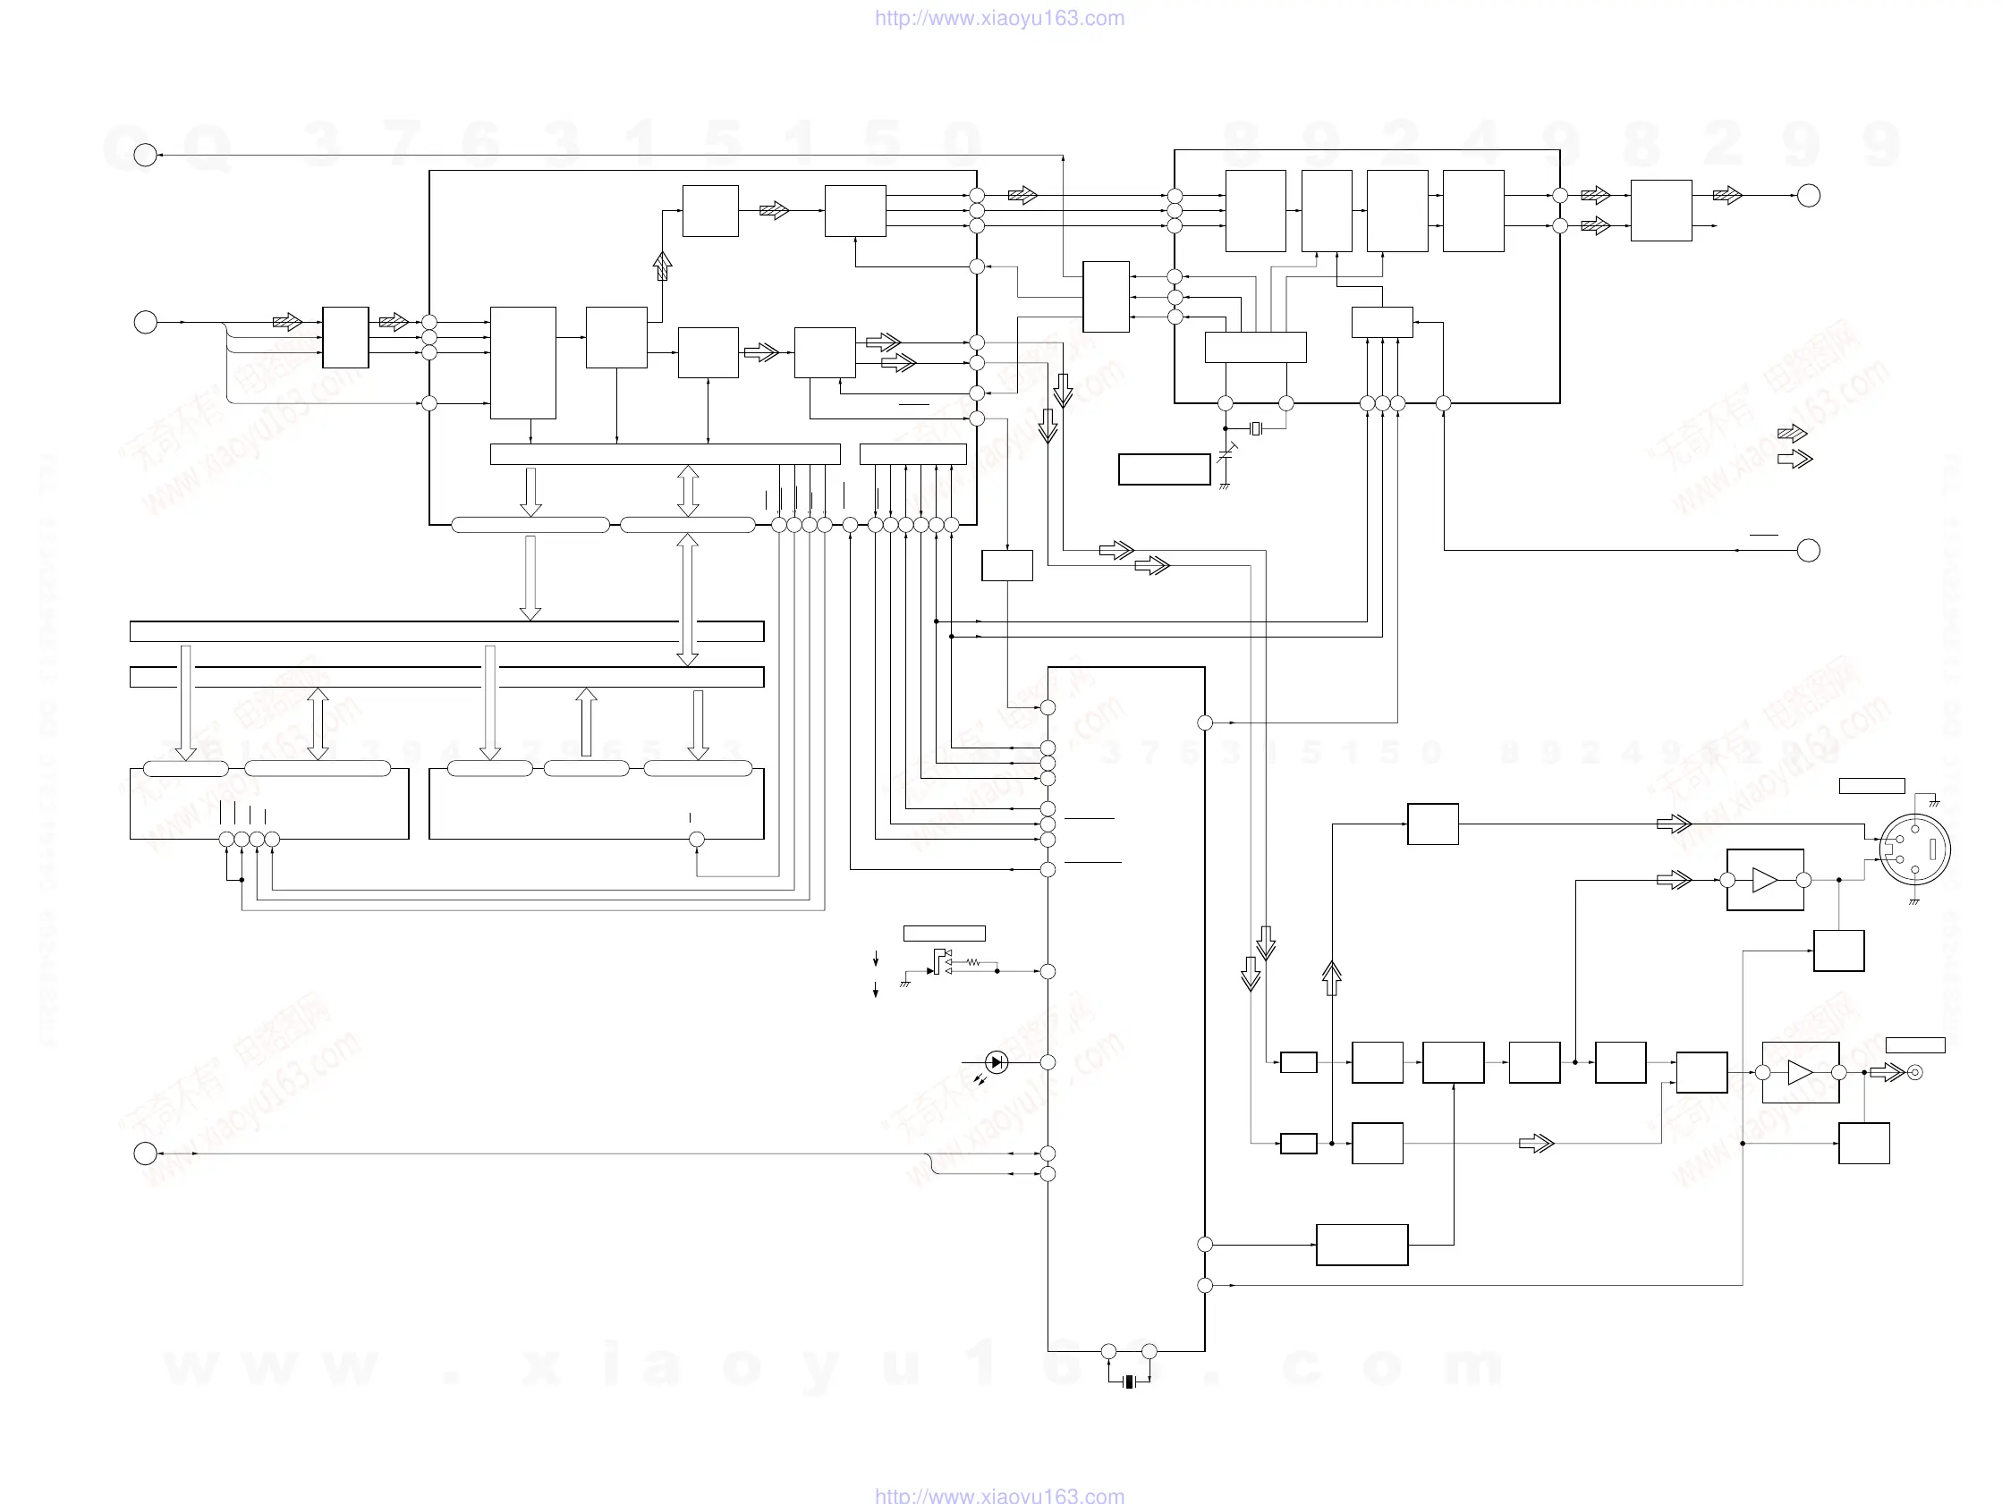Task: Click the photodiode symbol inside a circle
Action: click(x=996, y=1062)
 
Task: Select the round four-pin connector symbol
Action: click(x=1915, y=849)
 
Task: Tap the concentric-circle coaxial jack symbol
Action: click(x=1914, y=1072)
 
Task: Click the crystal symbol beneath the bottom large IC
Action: click(x=1129, y=1381)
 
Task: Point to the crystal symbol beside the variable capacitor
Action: click(x=1255, y=428)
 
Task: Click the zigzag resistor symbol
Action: click(x=973, y=962)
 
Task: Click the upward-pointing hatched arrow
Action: click(x=663, y=266)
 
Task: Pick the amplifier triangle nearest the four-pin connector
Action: click(x=1765, y=880)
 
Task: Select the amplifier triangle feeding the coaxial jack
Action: click(x=1800, y=1072)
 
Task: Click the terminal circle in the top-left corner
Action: click(x=145, y=156)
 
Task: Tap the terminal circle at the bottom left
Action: click(x=145, y=1153)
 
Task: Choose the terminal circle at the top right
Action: click(x=1808, y=196)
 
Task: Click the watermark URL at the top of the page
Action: click(x=999, y=18)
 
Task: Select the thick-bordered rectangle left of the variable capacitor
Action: click(x=1164, y=469)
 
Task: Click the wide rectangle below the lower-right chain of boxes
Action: click(x=1362, y=1245)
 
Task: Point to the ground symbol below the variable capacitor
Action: click(x=1225, y=486)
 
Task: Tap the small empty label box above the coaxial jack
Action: click(x=1915, y=1045)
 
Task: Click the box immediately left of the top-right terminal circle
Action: click(x=1661, y=211)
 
